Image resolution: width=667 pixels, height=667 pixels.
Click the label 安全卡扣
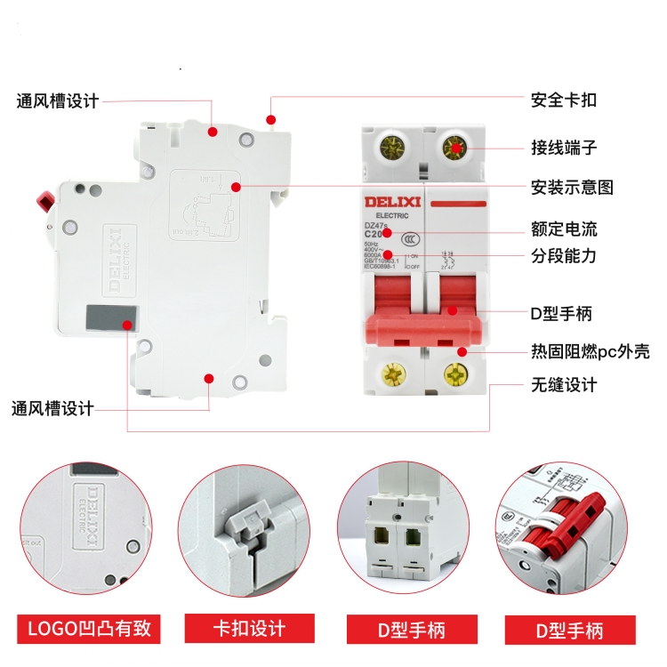[x=563, y=100]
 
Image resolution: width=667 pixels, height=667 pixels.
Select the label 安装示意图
[x=572, y=188]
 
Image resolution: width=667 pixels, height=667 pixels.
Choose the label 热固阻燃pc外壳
[x=590, y=351]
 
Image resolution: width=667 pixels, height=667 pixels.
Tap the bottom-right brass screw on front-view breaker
[x=456, y=375]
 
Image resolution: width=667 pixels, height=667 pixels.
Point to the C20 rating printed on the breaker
[x=377, y=234]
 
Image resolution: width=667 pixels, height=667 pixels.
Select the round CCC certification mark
[x=411, y=238]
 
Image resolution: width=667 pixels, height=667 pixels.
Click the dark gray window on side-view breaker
[x=111, y=317]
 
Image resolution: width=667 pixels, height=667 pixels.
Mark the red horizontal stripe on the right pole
[x=457, y=203]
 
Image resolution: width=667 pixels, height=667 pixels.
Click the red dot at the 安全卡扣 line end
[x=272, y=119]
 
